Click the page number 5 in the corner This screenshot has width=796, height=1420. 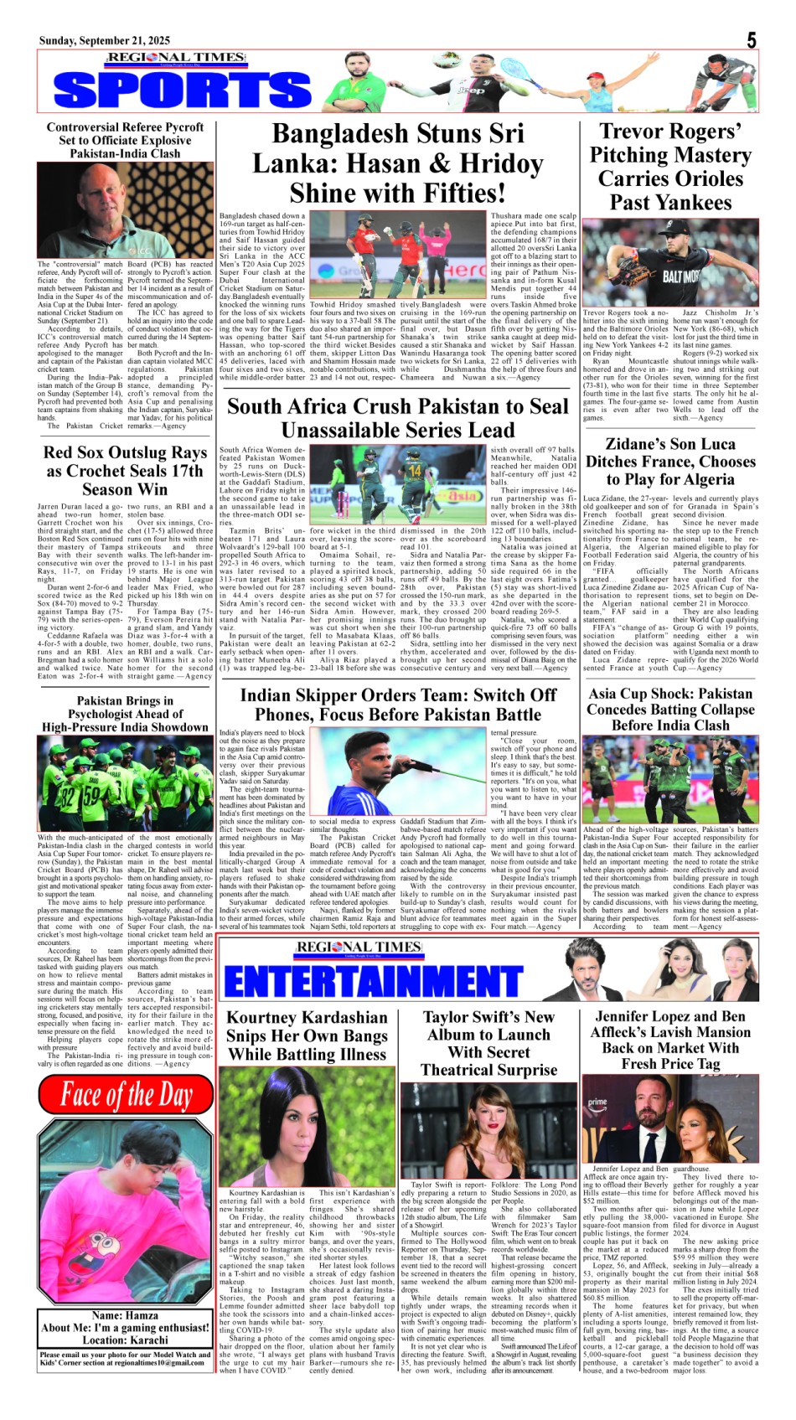752,39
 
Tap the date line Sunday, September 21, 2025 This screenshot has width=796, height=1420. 104,40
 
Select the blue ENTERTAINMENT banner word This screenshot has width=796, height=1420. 373,981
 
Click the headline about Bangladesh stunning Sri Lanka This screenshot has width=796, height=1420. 398,163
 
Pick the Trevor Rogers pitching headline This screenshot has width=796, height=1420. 670,167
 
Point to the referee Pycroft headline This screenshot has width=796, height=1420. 125,141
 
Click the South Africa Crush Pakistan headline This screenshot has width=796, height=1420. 398,418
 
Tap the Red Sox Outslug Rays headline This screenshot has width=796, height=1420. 125,471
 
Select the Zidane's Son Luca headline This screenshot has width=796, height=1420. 670,462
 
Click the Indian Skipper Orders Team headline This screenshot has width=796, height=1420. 398,705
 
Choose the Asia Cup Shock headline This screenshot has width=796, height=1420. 670,709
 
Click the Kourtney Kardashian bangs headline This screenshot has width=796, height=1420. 308,1035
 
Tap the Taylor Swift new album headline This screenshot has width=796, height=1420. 488,1043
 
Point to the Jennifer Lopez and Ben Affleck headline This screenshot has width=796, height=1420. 670,1040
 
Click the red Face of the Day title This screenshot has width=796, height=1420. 126,1095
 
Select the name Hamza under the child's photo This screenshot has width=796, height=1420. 125,1315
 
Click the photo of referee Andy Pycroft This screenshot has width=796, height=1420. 125,210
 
